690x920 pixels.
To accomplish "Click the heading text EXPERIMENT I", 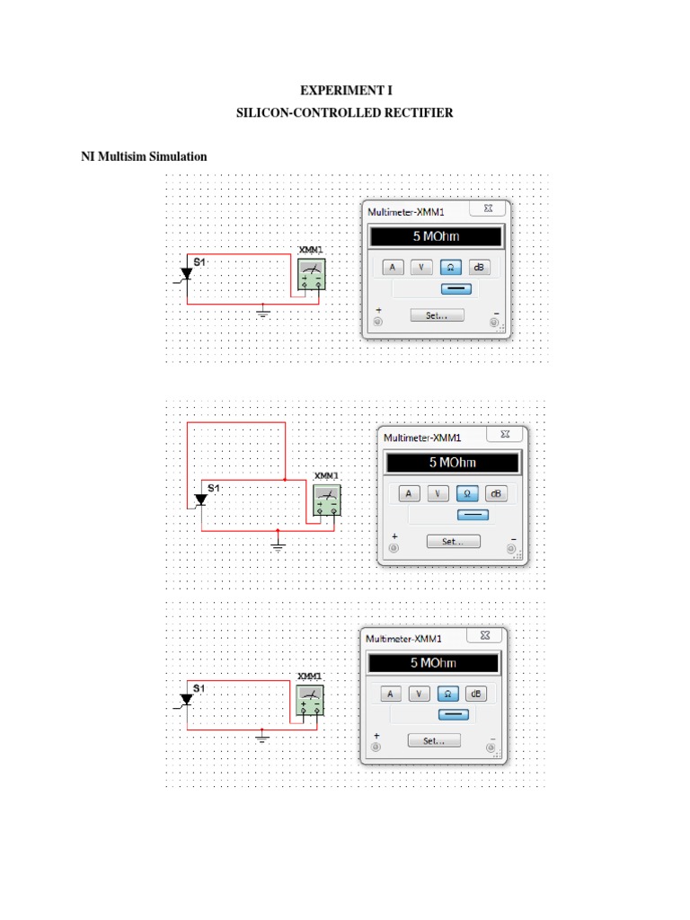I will [346, 91].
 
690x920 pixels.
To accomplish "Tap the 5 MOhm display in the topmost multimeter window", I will [435, 237].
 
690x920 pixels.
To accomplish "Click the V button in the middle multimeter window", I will [438, 493].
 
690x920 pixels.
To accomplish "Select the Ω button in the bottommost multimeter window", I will [447, 694].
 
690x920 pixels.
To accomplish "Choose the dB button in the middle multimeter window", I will [495, 493].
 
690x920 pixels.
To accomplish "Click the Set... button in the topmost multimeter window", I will [437, 315].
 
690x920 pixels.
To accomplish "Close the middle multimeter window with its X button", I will [506, 434].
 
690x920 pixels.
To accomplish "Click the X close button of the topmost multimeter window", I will [488, 208].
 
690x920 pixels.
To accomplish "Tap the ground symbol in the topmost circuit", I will [263, 312].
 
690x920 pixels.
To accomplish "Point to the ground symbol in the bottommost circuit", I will [262, 738].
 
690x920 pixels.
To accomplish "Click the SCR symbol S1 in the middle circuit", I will [200, 500].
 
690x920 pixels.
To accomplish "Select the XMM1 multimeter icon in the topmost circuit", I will [311, 275].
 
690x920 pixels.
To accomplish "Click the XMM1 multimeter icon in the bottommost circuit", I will [311, 701].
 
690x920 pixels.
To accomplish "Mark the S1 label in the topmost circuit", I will [200, 261].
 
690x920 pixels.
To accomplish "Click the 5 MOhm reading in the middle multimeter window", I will [452, 463].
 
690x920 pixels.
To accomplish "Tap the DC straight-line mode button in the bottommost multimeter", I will [451, 714].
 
